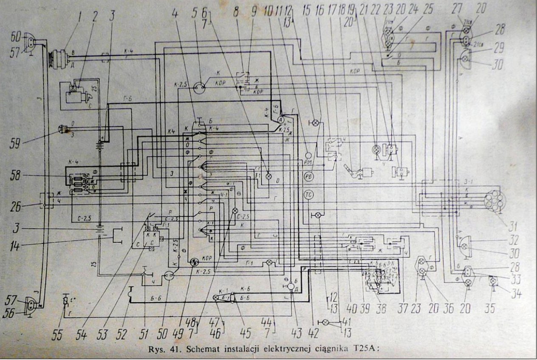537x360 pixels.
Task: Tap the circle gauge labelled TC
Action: [308, 195]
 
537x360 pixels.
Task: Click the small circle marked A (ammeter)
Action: [280, 121]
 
